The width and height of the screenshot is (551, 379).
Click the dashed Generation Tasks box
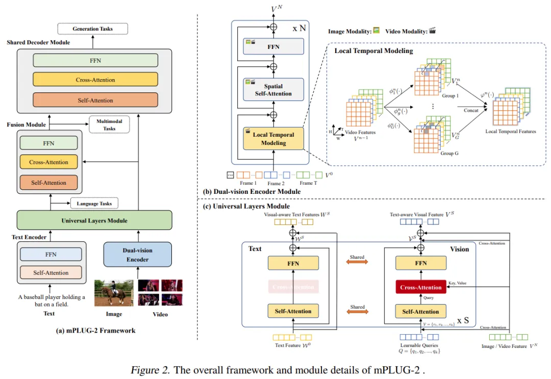pos(93,29)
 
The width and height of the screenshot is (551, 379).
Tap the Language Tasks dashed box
pos(94,204)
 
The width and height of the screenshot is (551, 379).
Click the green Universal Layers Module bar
pos(94,220)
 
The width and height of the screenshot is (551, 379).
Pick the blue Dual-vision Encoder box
pos(138,255)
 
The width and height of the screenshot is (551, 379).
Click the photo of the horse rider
pos(113,292)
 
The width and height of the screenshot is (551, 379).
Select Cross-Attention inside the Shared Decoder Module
pos(95,80)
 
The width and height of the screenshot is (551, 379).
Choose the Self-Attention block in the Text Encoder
pos(51,273)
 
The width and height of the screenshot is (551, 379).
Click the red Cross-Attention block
pos(421,287)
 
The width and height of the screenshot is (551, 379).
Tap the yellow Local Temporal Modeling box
pos(273,139)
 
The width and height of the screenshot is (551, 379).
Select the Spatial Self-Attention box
pos(273,90)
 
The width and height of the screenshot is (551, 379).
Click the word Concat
pos(471,110)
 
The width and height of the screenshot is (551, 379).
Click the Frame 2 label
pos(276,183)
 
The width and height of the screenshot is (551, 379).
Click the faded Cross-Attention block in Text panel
pos(293,287)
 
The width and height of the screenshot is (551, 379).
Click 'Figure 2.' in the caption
pos(150,370)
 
